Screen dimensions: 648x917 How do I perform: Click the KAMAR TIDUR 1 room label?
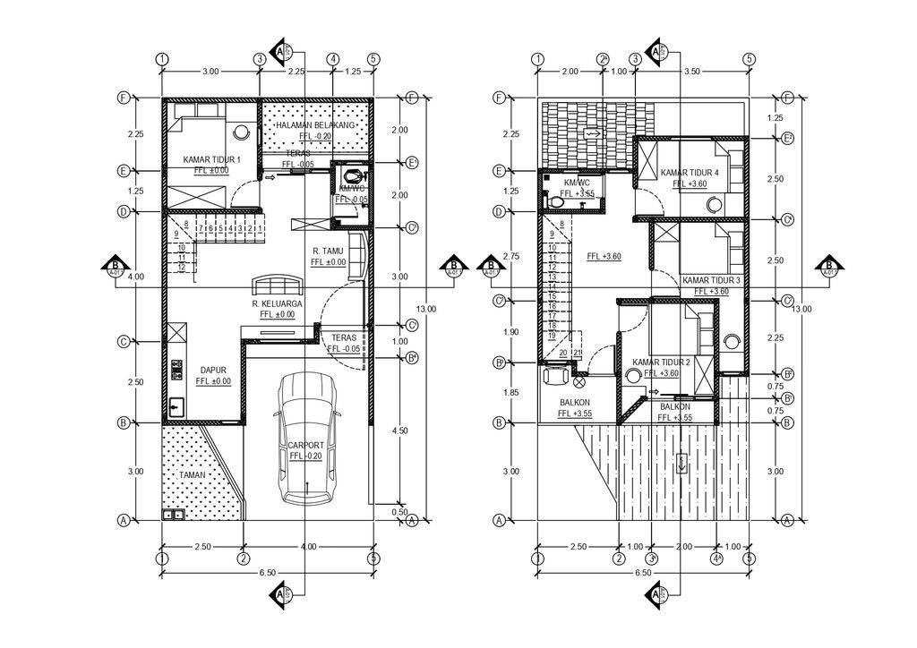tap(205, 159)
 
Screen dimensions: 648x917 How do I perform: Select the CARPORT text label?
tap(305, 445)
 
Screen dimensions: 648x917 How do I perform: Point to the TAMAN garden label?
tap(192, 475)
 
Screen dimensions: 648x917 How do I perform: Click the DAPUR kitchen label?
tap(211, 369)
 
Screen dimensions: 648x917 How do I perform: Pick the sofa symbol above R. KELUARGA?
tap(278, 286)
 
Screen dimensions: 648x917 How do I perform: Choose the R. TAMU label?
tap(329, 251)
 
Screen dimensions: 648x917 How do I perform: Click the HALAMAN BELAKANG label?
tap(316, 125)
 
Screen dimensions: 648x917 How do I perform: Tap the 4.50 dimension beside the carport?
tap(401, 430)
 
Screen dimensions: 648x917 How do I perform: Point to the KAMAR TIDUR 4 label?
tap(690, 172)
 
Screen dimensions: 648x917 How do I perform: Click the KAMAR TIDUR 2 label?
tap(661, 362)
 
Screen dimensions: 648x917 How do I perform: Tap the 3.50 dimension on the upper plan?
tap(691, 71)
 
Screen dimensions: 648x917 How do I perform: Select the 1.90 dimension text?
tap(511, 332)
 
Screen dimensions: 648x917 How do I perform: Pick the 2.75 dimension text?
tap(511, 256)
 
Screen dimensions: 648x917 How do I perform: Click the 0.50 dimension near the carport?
tap(401, 512)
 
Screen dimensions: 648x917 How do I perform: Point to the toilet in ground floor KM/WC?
tap(353, 175)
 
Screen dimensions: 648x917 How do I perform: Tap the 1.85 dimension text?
tap(511, 393)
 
